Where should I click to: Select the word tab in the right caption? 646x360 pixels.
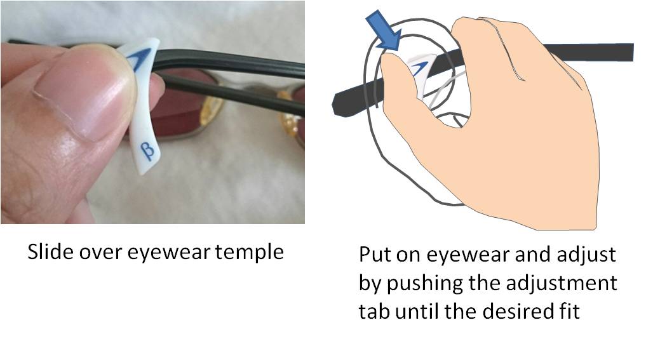pyautogui.click(x=373, y=312)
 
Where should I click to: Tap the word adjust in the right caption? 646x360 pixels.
pyautogui.click(x=582, y=256)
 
